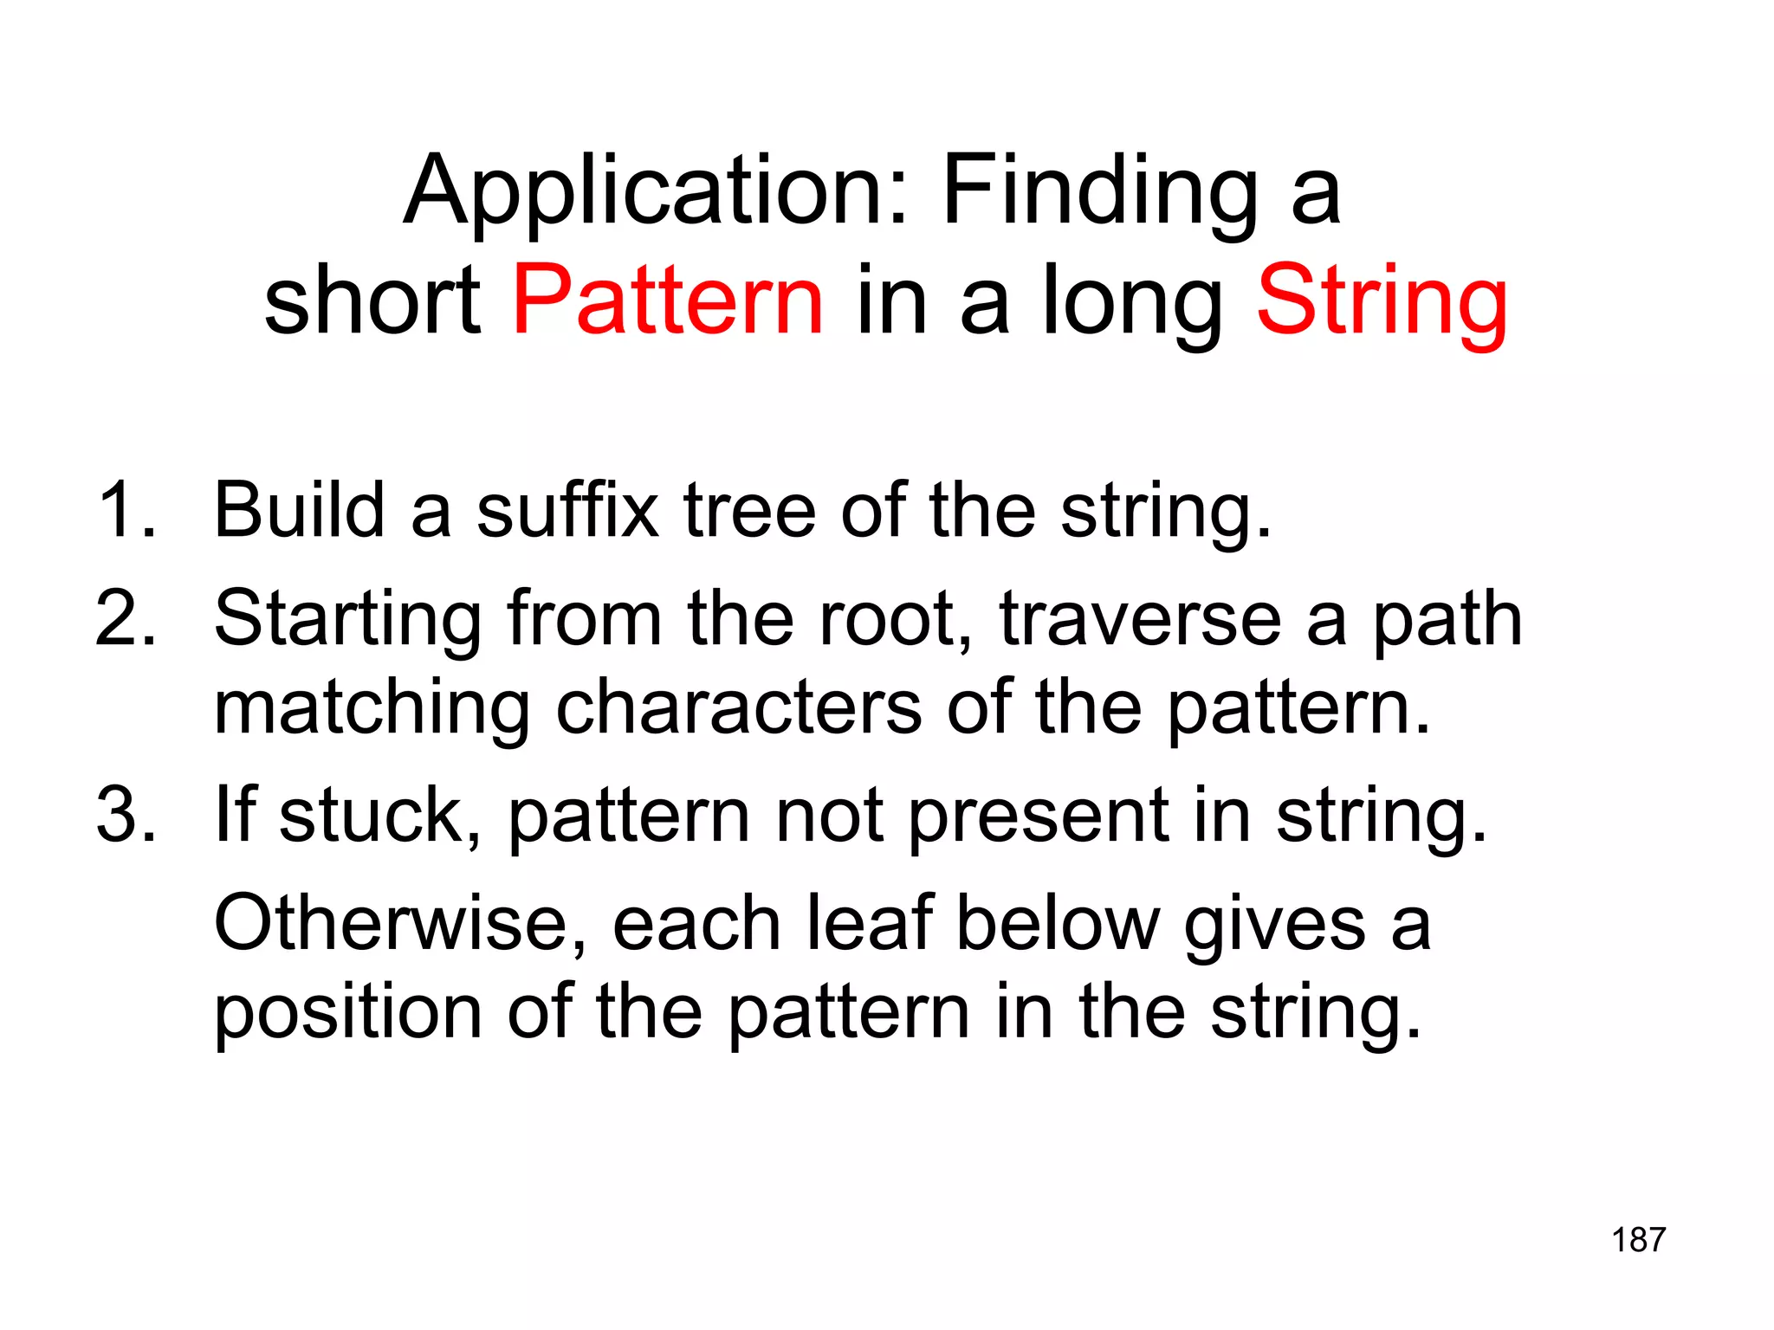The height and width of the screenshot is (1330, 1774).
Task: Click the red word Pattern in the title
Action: click(668, 300)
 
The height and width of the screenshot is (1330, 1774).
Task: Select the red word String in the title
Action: click(1382, 303)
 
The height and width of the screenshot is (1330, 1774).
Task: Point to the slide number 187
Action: click(1638, 1240)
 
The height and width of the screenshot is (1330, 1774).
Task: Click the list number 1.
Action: click(126, 510)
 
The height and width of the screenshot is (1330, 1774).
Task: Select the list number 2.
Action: click(126, 618)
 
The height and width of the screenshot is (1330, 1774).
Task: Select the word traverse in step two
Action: click(1140, 620)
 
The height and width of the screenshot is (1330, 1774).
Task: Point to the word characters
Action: click(738, 708)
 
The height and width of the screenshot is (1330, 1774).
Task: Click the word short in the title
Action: click(372, 300)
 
